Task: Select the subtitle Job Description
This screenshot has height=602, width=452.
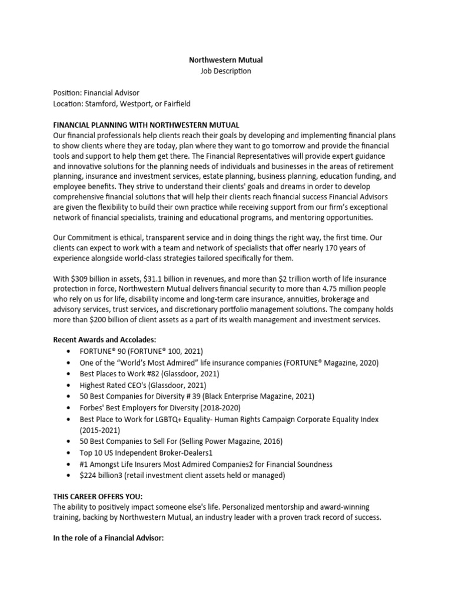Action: pyautogui.click(x=227, y=71)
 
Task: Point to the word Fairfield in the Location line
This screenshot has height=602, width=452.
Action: pyautogui.click(x=174, y=104)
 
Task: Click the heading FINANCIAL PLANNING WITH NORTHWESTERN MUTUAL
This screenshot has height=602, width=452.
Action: pyautogui.click(x=146, y=125)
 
